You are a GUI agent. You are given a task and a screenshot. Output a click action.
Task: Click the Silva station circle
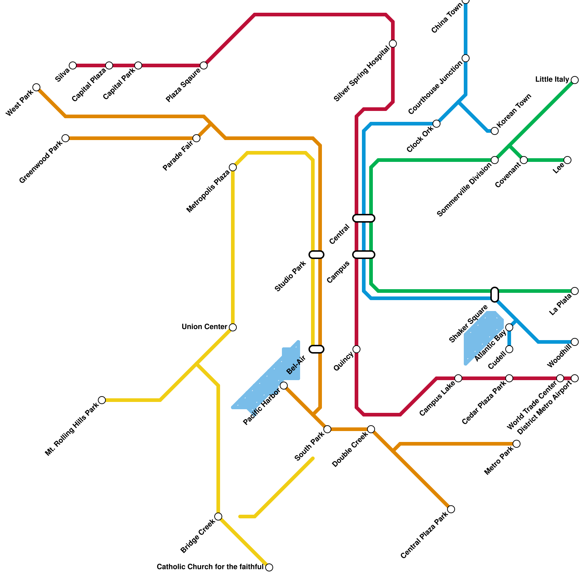[x=73, y=65]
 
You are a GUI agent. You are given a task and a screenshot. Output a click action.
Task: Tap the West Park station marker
[x=36, y=87]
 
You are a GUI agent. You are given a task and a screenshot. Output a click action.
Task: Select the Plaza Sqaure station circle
[x=204, y=65]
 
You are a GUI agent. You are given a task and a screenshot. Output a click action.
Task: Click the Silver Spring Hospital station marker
[x=393, y=44]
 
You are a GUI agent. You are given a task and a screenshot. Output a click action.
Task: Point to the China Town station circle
[x=466, y=1]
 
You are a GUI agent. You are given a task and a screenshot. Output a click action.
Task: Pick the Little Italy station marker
[x=575, y=80]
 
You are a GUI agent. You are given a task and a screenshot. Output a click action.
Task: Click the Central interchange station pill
[x=364, y=218]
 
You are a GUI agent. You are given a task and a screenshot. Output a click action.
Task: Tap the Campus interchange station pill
[x=364, y=255]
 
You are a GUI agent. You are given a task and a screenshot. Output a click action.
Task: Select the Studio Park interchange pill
[x=316, y=255]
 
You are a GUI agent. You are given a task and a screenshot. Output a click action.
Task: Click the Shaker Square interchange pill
[x=495, y=295]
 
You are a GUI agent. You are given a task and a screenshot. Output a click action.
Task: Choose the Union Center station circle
[x=233, y=327]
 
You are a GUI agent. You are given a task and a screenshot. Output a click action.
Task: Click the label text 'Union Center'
[x=204, y=327]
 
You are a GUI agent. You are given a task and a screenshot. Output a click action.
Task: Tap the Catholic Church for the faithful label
[x=210, y=567]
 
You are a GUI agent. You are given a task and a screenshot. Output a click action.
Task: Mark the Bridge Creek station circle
[x=218, y=517]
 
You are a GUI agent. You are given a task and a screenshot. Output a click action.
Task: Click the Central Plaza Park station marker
[x=451, y=509]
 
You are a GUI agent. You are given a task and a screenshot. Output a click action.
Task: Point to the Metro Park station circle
[x=517, y=444]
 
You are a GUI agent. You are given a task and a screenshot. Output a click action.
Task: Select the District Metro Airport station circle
[x=575, y=378]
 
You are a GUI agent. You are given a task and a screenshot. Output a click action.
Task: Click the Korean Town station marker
[x=495, y=131]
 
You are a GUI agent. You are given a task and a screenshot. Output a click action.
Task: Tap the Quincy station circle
[x=356, y=349]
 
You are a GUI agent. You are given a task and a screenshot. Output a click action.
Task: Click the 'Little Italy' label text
[x=552, y=80]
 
